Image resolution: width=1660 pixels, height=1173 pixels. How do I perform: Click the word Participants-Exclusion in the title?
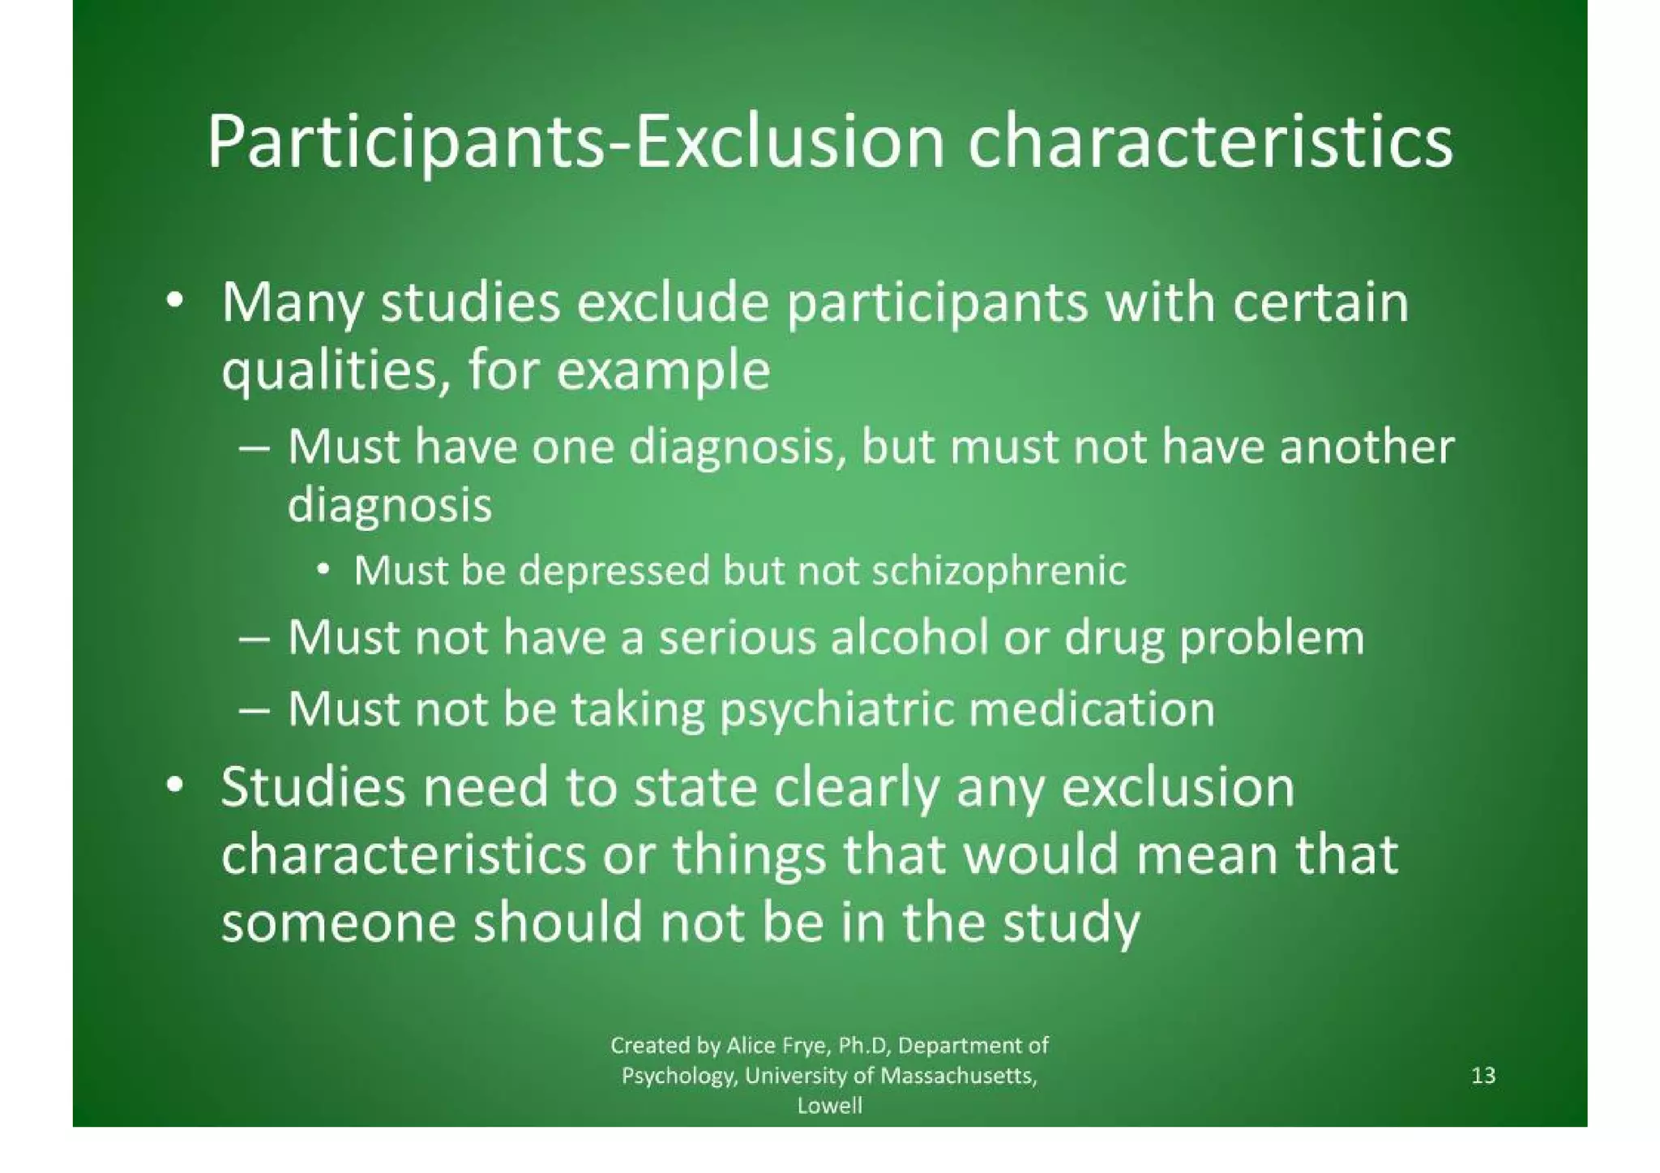575,144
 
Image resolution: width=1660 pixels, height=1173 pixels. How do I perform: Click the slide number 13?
1482,1076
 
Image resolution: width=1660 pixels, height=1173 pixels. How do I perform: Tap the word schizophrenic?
999,571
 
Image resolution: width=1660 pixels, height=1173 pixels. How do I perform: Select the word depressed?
614,571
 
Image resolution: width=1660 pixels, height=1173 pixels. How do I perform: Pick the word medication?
1092,709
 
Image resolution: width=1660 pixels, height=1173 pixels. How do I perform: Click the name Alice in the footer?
751,1046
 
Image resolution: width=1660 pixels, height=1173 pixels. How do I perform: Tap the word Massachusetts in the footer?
958,1076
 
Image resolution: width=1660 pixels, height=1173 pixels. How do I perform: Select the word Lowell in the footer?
829,1106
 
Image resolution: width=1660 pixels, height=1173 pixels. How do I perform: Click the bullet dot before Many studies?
172,302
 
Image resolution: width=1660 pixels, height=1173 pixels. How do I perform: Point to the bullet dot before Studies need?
172,786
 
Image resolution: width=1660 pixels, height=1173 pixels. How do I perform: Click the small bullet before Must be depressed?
323,570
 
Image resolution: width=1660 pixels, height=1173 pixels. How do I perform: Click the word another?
1367,447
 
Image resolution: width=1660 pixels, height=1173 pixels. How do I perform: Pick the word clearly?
855,787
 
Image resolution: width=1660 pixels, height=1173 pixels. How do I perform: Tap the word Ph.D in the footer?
863,1046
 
